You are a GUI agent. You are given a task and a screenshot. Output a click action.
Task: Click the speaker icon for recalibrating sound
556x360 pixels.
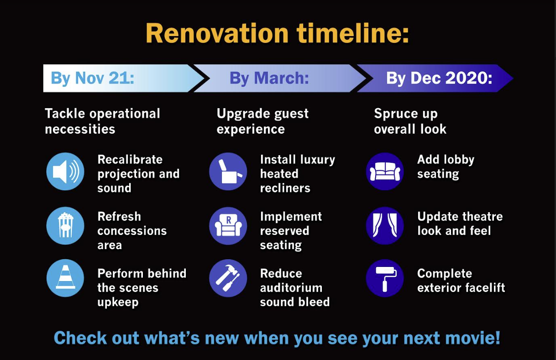point(65,172)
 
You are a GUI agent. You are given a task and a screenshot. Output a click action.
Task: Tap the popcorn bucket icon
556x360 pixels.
point(65,226)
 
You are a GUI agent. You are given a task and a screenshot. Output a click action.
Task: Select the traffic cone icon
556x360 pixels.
point(65,278)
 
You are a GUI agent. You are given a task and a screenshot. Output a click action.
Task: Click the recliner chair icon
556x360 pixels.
point(228,172)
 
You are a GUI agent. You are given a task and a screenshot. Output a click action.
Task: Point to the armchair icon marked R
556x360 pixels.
point(228,226)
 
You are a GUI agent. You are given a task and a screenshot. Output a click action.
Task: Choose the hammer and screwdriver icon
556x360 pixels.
point(228,278)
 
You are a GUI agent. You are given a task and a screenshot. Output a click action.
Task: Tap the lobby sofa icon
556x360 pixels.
point(385,172)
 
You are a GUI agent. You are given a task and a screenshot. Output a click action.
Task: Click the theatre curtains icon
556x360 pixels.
point(385,226)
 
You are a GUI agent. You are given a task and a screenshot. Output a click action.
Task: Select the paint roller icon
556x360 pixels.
point(385,278)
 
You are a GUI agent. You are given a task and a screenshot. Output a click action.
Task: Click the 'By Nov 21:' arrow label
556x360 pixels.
point(92,78)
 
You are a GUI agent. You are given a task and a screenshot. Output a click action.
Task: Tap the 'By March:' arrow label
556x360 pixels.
point(269,78)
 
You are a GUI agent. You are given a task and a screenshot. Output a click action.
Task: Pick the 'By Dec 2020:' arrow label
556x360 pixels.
point(439,78)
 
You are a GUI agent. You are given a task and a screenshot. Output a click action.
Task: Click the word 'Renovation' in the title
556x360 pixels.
point(217,33)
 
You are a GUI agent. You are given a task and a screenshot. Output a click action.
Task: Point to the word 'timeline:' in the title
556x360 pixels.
point(353,33)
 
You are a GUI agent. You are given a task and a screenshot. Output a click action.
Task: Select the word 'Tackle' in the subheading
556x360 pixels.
point(65,114)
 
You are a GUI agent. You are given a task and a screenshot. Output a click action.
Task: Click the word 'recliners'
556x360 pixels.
point(285,188)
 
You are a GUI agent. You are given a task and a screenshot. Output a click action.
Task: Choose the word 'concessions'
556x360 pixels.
point(132,231)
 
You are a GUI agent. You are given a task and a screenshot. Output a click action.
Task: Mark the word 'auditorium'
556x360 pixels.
point(291,288)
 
